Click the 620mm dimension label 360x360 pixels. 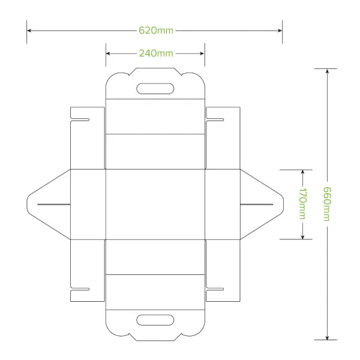click(155, 29)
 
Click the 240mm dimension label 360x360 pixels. click(155, 53)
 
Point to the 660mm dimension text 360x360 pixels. click(327, 204)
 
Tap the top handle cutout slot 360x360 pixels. click(155, 89)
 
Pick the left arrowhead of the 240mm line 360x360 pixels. click(109, 53)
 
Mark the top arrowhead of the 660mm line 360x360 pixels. click(327, 71)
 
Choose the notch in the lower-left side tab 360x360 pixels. click(81, 290)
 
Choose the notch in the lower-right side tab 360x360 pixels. click(214, 290)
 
